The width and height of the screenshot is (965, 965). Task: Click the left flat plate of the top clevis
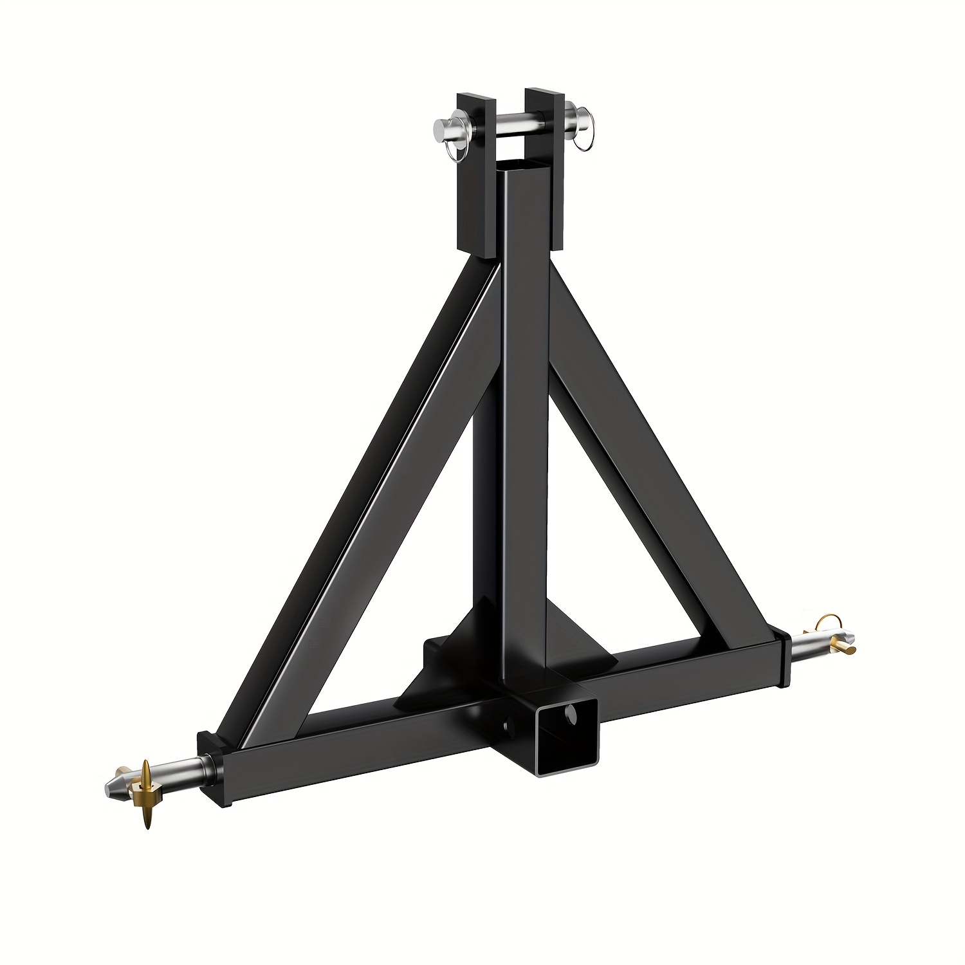click(x=476, y=174)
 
